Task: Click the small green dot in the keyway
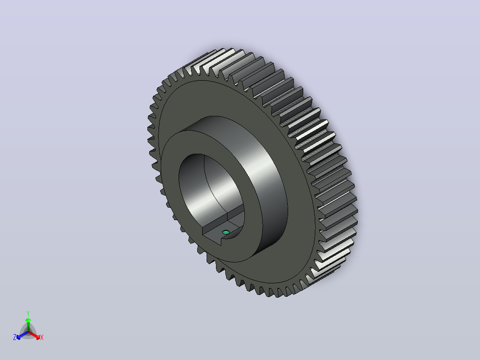[x=226, y=232]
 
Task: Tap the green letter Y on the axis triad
[x=28, y=313]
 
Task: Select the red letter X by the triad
[x=42, y=337]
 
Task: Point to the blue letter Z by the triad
[x=14, y=337]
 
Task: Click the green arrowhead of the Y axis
[x=28, y=320]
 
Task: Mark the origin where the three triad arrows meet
[x=28, y=331]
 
